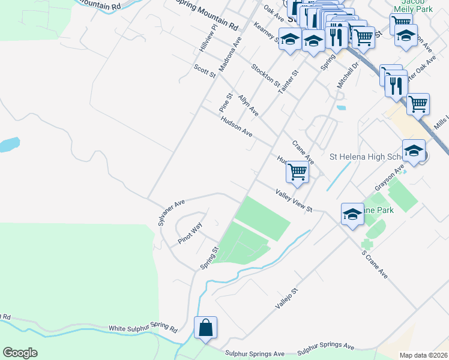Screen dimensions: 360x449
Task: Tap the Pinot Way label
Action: pyautogui.click(x=190, y=233)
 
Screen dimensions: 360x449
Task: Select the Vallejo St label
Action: pyautogui.click(x=286, y=298)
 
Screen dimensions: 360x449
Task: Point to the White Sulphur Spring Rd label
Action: pyautogui.click(x=143, y=329)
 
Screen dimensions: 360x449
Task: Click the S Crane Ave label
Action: pyautogui.click(x=375, y=264)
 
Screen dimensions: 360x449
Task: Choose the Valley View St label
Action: pyautogui.click(x=295, y=200)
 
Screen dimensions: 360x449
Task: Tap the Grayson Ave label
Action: pyautogui.click(x=388, y=179)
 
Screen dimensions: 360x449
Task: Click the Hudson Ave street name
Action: pyautogui.click(x=236, y=126)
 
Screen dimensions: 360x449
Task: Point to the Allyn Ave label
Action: pyautogui.click(x=248, y=105)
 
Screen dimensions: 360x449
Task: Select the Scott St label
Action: pyautogui.click(x=205, y=71)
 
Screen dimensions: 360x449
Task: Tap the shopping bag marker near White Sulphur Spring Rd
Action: pyautogui.click(x=205, y=328)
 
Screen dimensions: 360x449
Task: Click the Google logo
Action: pyautogui.click(x=20, y=353)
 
